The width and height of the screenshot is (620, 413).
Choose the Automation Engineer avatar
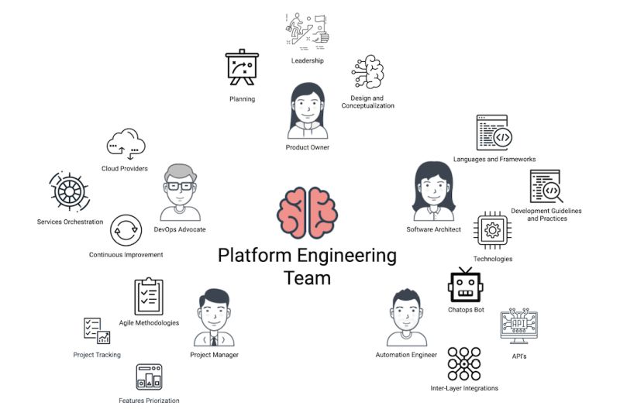[x=406, y=318]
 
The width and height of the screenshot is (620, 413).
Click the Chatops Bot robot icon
[x=466, y=285]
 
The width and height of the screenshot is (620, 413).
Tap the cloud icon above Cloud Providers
[x=126, y=144]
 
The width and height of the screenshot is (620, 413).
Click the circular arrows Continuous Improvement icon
[x=126, y=231]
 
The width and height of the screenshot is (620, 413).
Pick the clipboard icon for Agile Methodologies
[x=149, y=297]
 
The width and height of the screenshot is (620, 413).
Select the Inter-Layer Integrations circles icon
[x=464, y=363]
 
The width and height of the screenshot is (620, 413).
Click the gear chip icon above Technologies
[x=491, y=230]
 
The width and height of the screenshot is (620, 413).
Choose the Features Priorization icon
[x=149, y=378]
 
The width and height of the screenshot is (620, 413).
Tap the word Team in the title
[x=307, y=277]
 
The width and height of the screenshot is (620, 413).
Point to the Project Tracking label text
[x=97, y=355]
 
